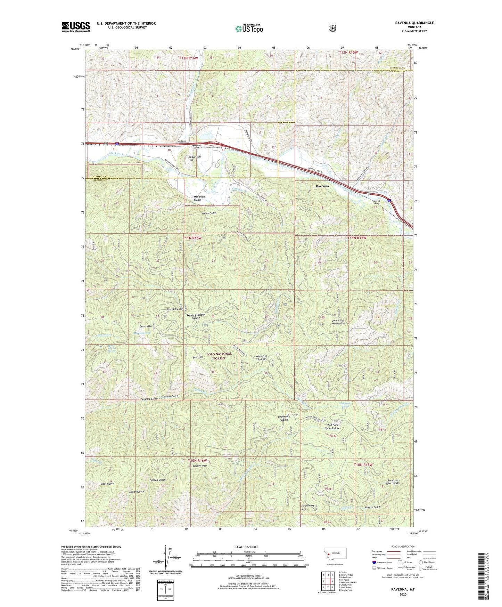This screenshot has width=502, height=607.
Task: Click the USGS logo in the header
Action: pyautogui.click(x=76, y=27)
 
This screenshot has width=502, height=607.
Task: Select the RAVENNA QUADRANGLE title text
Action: pyautogui.click(x=414, y=23)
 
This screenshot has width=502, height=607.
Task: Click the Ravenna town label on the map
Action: pyautogui.click(x=322, y=186)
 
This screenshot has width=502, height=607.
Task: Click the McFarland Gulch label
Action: pyautogui.click(x=200, y=198)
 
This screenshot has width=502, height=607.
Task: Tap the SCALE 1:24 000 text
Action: pyautogui.click(x=246, y=547)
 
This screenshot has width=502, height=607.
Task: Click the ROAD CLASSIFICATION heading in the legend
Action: pyautogui.click(x=403, y=547)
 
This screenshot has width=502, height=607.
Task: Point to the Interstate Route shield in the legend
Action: pyautogui.click(x=373, y=562)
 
